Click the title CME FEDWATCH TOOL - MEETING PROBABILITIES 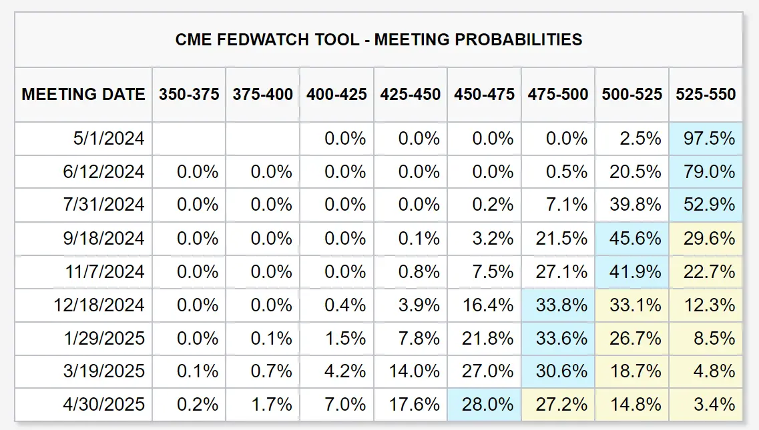tap(378, 39)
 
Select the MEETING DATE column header tap(83, 94)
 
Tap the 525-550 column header tap(706, 94)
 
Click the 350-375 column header tap(189, 94)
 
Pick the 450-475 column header tap(484, 94)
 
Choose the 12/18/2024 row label tap(99, 305)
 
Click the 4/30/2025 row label tap(103, 405)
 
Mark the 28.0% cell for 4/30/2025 tap(488, 405)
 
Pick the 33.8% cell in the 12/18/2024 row tap(561, 305)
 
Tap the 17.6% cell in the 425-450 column tap(414, 405)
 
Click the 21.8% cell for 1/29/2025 tap(488, 339)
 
